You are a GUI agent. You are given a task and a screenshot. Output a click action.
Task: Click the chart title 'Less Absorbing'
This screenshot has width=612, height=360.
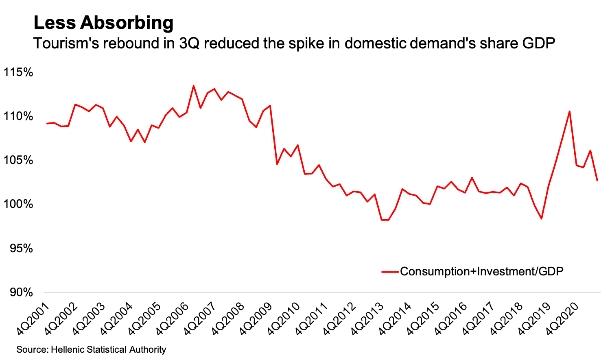tap(103, 23)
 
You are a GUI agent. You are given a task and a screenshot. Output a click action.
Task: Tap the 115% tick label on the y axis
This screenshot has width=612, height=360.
tap(18, 72)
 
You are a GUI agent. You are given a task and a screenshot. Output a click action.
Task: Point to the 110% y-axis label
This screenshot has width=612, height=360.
tap(18, 117)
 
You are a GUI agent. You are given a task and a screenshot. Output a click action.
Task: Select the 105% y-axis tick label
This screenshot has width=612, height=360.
tap(18, 160)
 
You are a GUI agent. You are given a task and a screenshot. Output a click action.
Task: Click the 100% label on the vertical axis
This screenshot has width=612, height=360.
tap(18, 204)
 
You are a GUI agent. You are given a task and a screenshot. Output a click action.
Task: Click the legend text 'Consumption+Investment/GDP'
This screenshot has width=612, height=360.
tap(482, 271)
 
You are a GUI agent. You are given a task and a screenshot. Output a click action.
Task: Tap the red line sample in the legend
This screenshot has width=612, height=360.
tap(389, 272)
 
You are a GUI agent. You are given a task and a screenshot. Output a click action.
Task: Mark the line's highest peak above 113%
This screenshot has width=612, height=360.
tap(193, 85)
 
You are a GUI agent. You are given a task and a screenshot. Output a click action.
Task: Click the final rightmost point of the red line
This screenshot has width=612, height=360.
tap(597, 180)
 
